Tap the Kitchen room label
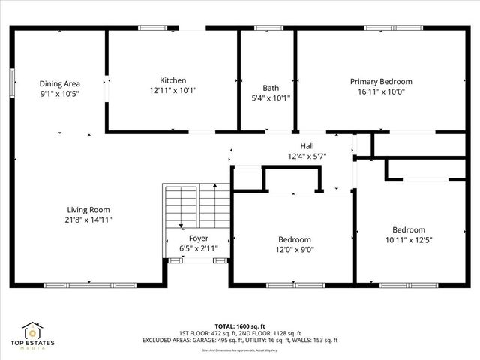(173, 80)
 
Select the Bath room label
(271, 87)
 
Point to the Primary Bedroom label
(381, 81)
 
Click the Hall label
(307, 146)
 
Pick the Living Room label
(88, 210)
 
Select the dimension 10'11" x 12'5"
(408, 240)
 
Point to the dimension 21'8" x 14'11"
(88, 220)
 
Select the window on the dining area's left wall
(12, 82)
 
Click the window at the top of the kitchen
(157, 28)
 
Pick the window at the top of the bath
(267, 28)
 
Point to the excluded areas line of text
(240, 340)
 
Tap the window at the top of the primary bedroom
(389, 28)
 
